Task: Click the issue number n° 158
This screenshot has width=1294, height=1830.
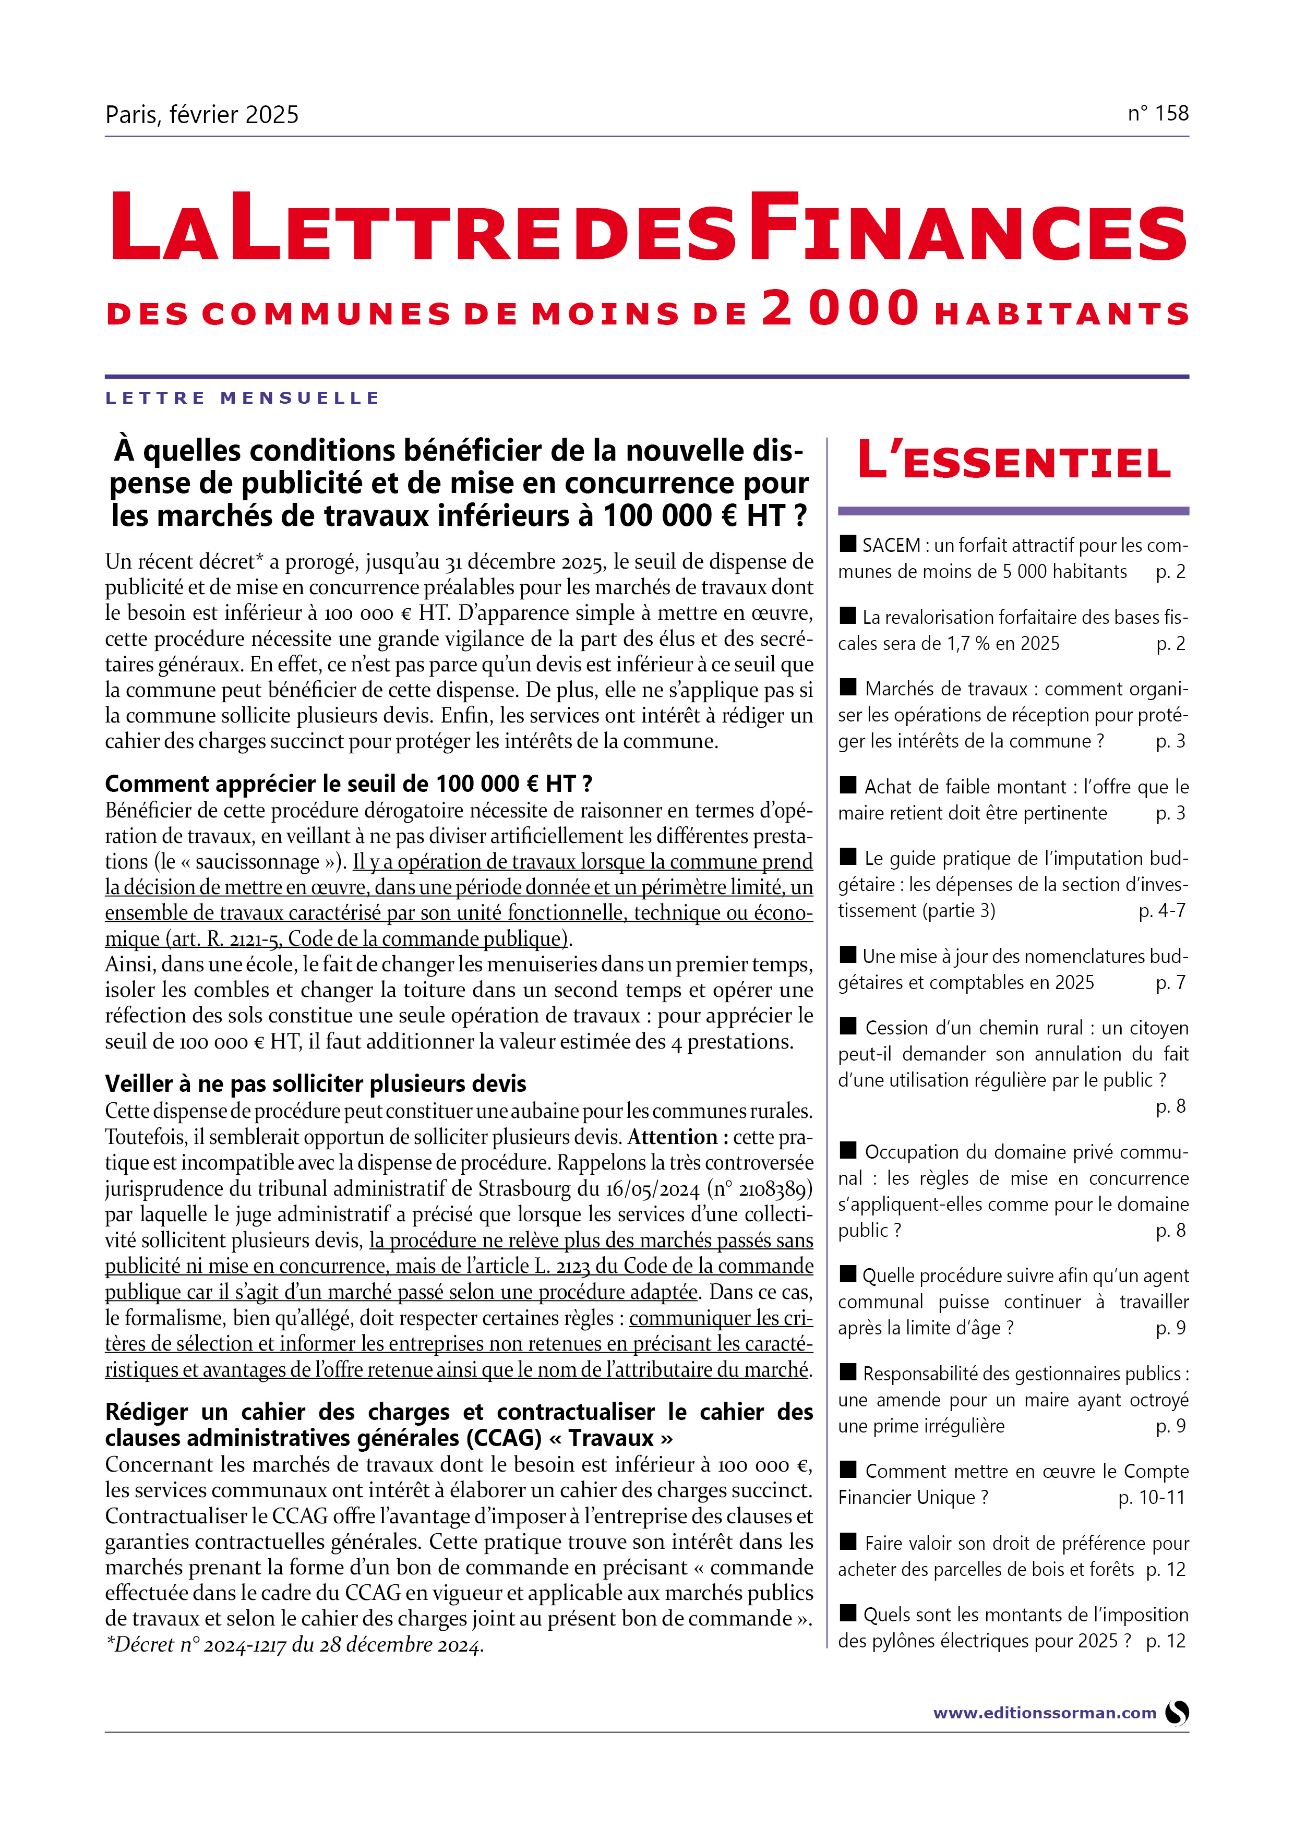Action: pos(1158,113)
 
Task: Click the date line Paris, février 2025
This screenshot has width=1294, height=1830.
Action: pos(202,115)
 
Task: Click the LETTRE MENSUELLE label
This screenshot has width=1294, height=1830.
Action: pos(243,398)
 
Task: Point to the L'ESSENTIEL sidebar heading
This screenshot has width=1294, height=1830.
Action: pos(1013,462)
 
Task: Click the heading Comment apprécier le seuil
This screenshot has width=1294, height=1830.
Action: pos(349,784)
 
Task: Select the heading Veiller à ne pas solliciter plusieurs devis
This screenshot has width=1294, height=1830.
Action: pos(316,1084)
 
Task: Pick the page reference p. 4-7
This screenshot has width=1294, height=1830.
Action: pos(1161,910)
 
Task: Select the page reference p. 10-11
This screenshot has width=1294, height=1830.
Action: pos(1151,1498)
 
